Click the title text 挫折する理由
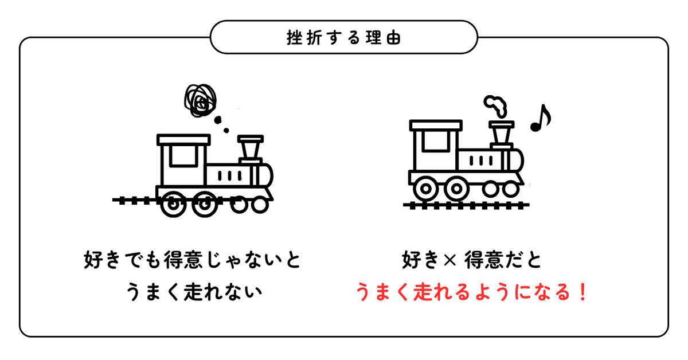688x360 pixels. point(343,38)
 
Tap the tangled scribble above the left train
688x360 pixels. point(200,101)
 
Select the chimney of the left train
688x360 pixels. point(250,150)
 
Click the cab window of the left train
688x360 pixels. point(182,155)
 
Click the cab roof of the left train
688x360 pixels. point(183,139)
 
